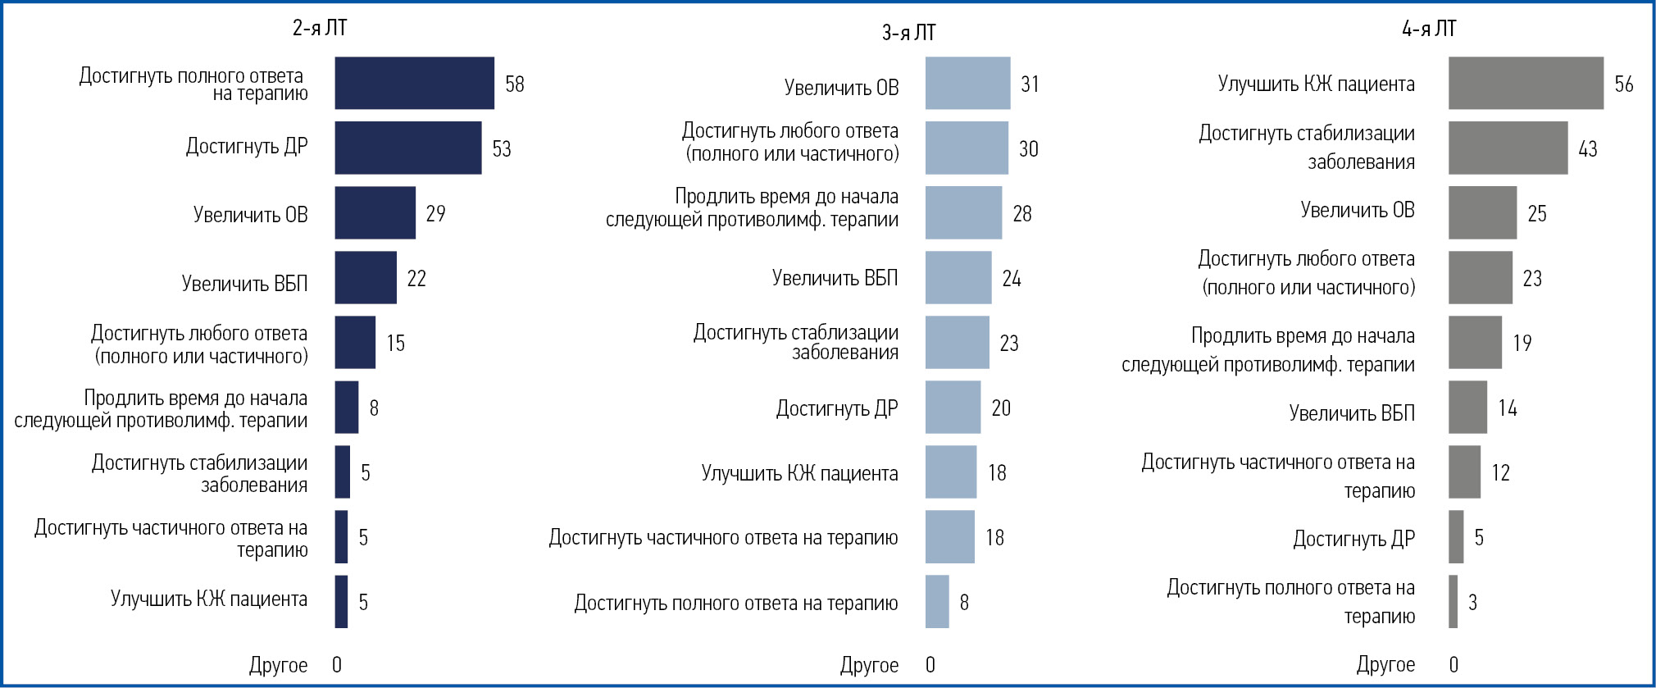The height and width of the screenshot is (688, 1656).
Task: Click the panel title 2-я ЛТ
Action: [x=320, y=28]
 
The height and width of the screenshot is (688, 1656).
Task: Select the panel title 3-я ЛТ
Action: [x=908, y=33]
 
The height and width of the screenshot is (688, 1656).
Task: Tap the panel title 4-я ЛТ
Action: [x=1429, y=29]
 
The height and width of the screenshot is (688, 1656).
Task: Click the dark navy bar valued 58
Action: [x=414, y=83]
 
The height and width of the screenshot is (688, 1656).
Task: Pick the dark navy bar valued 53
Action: [x=407, y=148]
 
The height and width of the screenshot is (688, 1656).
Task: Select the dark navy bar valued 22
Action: [x=366, y=278]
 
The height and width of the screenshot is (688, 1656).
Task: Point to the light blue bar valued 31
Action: [x=967, y=83]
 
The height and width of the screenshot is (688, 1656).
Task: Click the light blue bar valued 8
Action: [x=937, y=602]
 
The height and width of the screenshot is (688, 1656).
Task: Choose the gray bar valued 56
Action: [x=1526, y=83]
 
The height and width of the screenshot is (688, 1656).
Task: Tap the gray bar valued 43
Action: [x=1508, y=148]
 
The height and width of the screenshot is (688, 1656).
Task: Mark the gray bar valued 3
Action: [x=1453, y=602]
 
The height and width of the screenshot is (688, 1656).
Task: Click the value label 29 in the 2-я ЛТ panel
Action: [x=435, y=213]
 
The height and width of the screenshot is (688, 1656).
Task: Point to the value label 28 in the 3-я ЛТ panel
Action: [x=1022, y=213]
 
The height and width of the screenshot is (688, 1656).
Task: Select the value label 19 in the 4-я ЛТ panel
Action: [x=1522, y=343]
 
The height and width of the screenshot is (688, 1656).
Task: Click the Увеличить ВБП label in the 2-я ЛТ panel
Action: [x=244, y=284]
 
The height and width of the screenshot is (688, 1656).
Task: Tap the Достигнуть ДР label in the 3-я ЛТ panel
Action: [x=837, y=408]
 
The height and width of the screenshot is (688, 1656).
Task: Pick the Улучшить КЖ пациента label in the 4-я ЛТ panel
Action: [x=1316, y=84]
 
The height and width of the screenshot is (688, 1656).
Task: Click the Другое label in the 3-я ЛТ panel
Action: [x=869, y=665]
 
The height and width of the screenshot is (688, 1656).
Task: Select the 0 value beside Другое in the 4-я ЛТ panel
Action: [x=1454, y=665]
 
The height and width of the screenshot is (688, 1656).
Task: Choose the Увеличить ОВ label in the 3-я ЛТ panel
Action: [x=841, y=87]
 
